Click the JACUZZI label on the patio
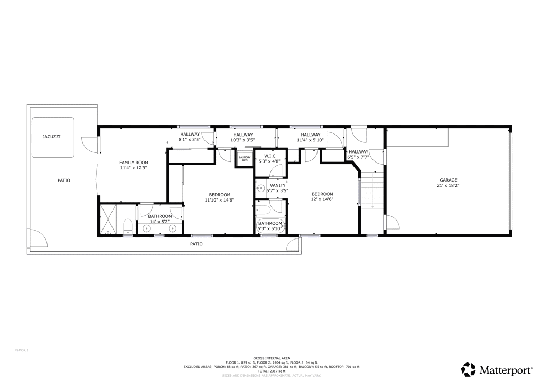(52, 137)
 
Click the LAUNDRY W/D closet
(245, 158)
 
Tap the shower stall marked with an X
(108, 219)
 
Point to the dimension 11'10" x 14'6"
(219, 200)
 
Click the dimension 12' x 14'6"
(322, 199)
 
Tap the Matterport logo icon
(469, 369)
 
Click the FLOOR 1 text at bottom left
(22, 350)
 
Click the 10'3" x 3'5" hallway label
(243, 140)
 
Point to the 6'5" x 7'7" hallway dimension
(358, 157)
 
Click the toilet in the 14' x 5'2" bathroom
(127, 227)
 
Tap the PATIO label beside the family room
(64, 180)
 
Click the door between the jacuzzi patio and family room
(91, 145)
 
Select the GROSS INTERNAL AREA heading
(271, 358)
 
